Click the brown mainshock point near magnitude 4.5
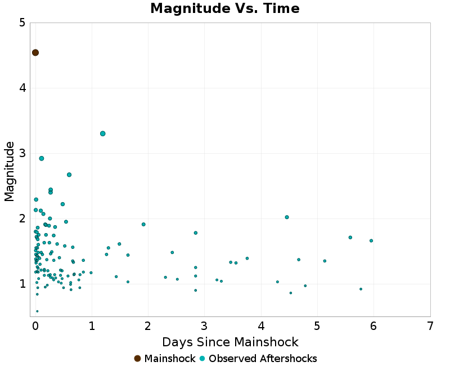35,53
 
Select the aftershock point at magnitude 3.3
103,133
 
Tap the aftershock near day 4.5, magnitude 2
287,217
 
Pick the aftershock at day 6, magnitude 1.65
371,240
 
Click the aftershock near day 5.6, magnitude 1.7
350,238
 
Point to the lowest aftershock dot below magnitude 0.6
37,311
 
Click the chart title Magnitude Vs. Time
225,9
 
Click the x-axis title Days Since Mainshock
230,342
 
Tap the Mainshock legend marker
137,359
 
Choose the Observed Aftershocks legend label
263,359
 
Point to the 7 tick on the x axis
430,326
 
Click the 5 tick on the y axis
21,23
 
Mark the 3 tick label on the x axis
205,326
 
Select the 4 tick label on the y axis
21,88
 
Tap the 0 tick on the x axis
35,326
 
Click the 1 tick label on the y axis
21,284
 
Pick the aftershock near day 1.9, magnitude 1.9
143,224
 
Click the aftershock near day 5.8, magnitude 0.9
361,289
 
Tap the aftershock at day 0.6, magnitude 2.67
69,175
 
